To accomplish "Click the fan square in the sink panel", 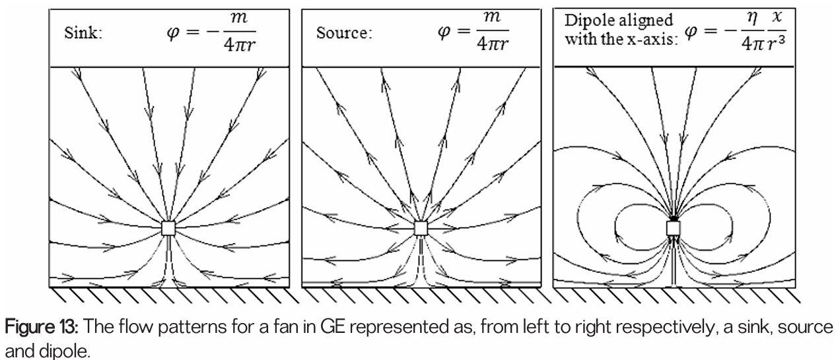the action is tap(169, 228).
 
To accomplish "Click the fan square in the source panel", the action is tap(421, 228).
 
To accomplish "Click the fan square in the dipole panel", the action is tap(673, 228).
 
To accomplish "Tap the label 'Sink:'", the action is tap(83, 34).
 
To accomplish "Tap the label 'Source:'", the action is tap(343, 34).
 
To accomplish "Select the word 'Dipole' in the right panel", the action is tap(583, 20).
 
